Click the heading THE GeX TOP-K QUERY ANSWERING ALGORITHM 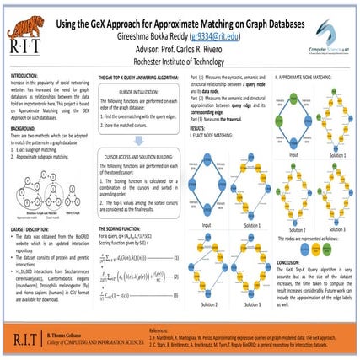tap(143, 75)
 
